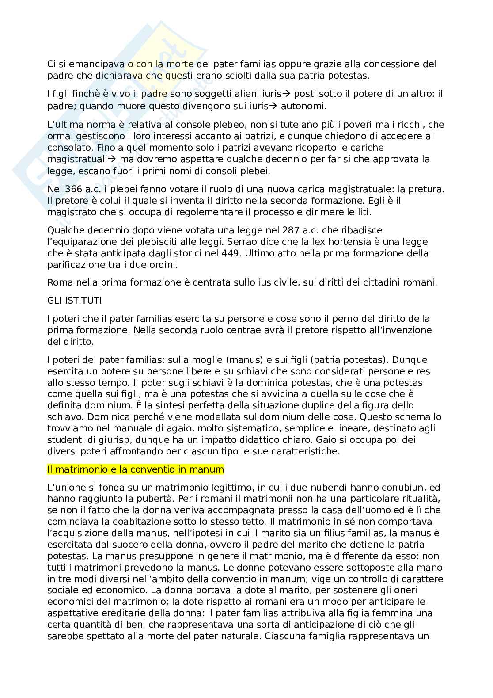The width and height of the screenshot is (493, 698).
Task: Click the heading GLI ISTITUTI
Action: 74,301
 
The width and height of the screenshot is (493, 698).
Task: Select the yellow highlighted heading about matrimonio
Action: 136,469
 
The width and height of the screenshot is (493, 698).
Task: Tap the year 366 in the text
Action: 71,189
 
